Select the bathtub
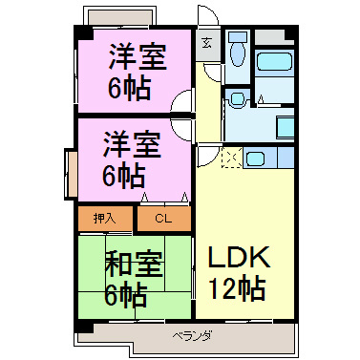(275, 62)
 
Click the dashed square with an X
(230, 159)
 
